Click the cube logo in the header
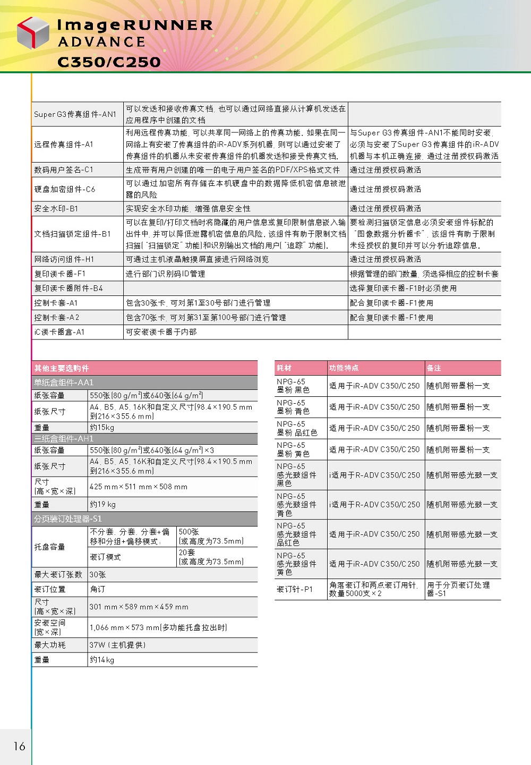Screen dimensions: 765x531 [x=33, y=32]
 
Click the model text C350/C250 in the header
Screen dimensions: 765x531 [x=109, y=62]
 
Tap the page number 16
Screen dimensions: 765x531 [x=20, y=746]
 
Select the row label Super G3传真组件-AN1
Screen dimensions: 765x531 [x=75, y=114]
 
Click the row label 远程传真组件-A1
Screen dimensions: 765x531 [x=64, y=144]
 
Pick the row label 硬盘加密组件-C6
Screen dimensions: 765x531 [x=65, y=189]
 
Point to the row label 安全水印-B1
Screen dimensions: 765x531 [x=56, y=209]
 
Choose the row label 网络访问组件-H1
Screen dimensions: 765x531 [x=64, y=259]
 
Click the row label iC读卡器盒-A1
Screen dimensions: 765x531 [x=59, y=332]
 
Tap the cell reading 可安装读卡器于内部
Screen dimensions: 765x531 [x=161, y=332]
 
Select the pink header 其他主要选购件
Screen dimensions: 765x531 [x=62, y=368]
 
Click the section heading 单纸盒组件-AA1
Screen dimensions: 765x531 [x=64, y=382]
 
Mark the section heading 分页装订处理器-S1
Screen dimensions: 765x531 [x=68, y=519]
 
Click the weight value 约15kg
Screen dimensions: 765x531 [x=102, y=428]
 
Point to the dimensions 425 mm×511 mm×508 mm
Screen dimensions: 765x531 [x=139, y=487]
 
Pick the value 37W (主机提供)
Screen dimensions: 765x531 [x=117, y=645]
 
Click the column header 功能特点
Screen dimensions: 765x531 [x=344, y=368]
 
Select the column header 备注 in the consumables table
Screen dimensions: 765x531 [x=434, y=368]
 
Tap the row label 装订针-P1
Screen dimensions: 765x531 [x=295, y=589]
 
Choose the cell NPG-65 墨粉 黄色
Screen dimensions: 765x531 [x=293, y=449]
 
